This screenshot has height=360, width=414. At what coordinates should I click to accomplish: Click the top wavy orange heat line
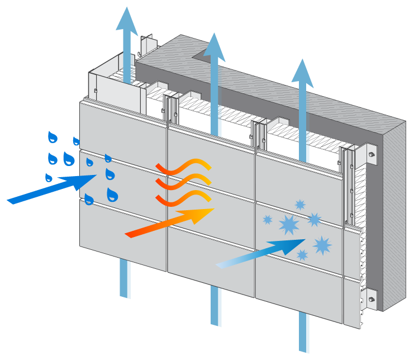(x=184, y=166)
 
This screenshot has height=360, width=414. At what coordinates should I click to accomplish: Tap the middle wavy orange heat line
(x=184, y=181)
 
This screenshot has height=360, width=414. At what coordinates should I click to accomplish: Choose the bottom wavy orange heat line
(x=184, y=197)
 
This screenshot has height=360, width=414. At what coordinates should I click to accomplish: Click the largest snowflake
(x=289, y=225)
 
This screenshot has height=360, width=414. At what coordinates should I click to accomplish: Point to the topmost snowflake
(x=300, y=205)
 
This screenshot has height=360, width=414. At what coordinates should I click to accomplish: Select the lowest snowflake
(x=302, y=255)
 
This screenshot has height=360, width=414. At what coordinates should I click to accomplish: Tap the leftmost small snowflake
(x=268, y=220)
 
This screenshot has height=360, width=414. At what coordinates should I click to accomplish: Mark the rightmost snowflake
(x=322, y=245)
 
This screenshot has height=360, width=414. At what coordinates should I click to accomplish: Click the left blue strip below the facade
(x=125, y=278)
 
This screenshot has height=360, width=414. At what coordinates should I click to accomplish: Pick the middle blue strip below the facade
(x=216, y=306)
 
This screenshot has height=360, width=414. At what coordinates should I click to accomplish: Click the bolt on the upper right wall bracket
(x=372, y=154)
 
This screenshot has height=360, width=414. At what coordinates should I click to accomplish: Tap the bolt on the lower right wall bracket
(x=371, y=299)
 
